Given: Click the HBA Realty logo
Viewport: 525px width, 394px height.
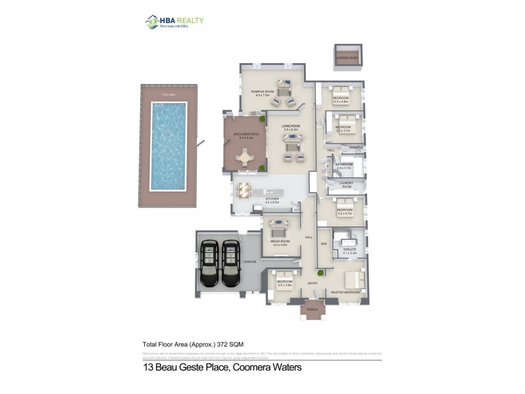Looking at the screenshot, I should pos(174,22).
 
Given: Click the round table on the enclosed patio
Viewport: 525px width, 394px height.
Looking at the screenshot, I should pos(245,158).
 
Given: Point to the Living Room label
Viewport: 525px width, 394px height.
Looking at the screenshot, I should pos(291,126).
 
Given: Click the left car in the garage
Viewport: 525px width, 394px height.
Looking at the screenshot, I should pos(209,263).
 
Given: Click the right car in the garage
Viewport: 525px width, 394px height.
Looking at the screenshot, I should pos(230,263).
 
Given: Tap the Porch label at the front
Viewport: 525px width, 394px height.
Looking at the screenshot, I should pos(312,309).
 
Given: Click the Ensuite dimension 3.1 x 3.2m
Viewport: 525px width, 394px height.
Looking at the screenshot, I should pos(349,253).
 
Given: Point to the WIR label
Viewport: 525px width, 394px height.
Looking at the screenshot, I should pos(324,244).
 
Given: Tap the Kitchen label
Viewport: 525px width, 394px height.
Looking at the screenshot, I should pos(272,199).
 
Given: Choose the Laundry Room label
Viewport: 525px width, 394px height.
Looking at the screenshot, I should pos(346,185).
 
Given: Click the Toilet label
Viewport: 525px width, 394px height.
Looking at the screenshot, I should pos(355,147).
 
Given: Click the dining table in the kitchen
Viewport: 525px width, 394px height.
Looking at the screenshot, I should pos(244,190).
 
